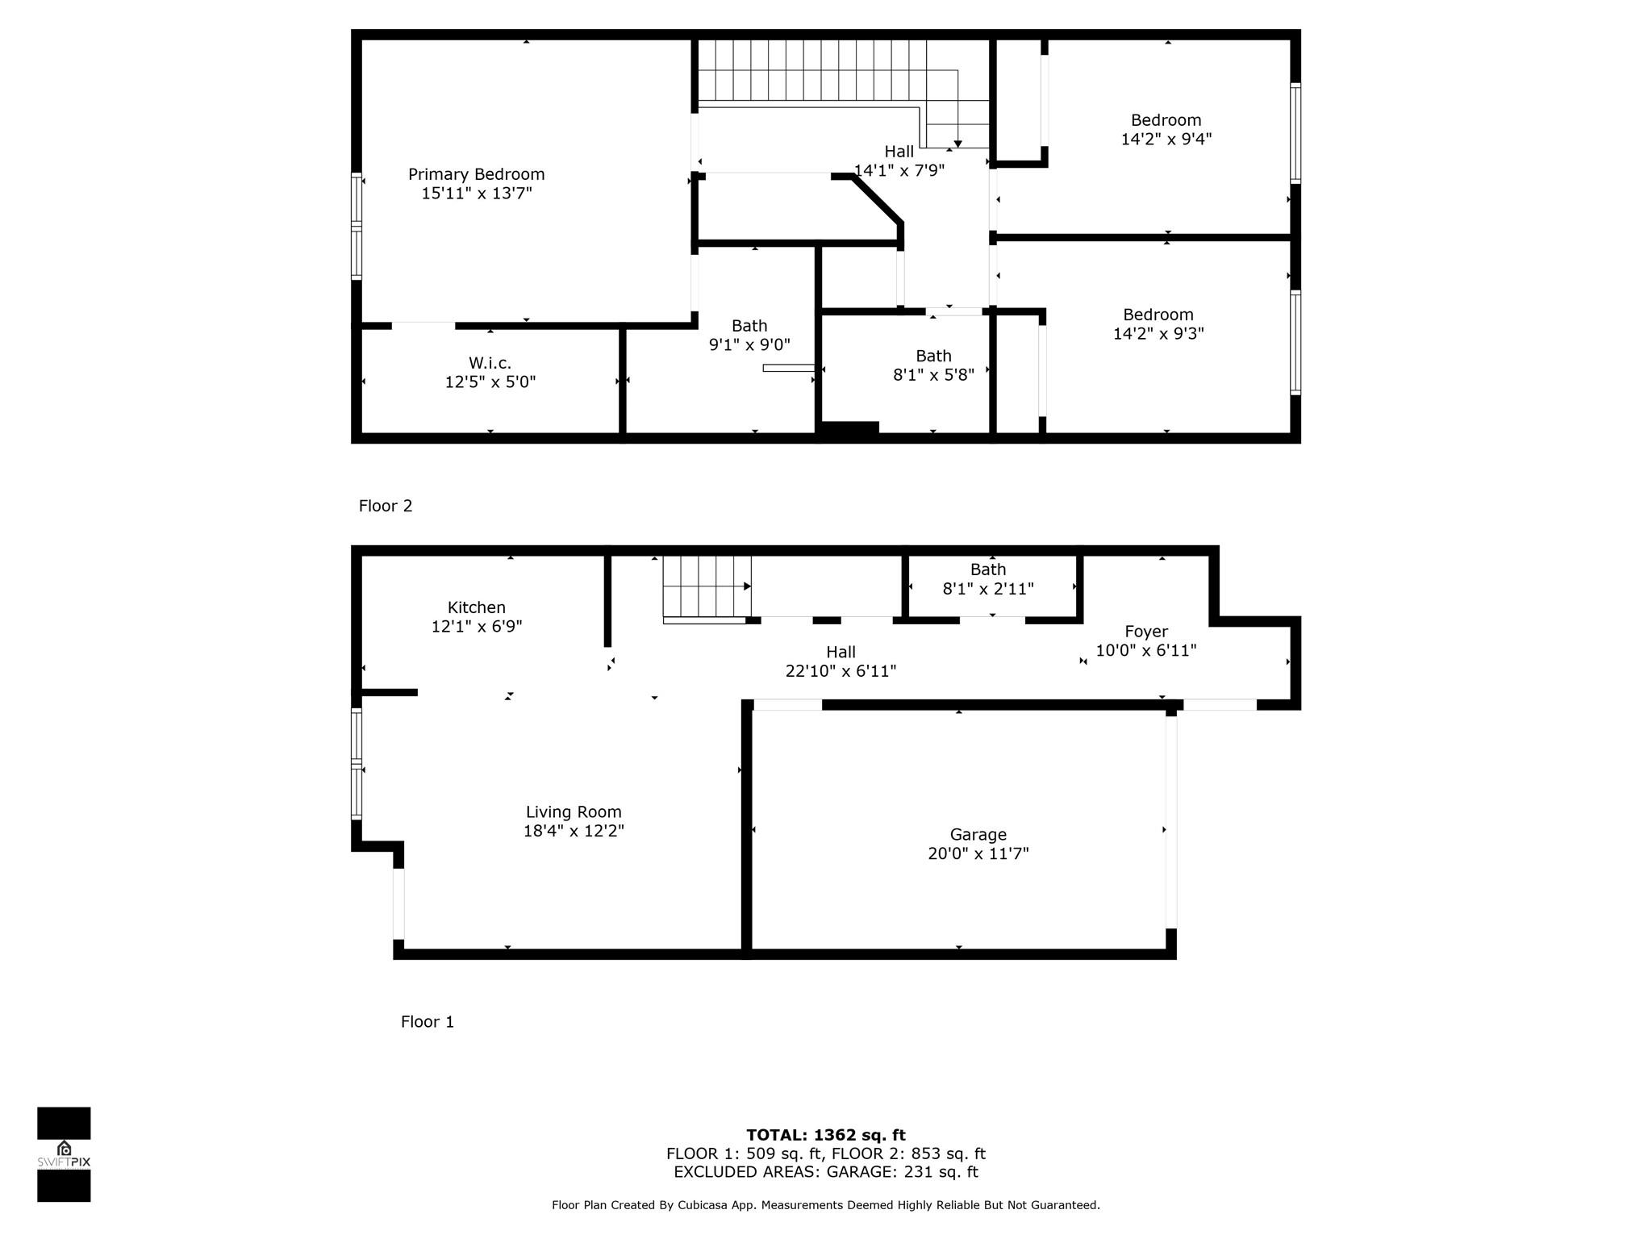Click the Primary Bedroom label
click(476, 174)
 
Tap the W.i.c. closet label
click(490, 363)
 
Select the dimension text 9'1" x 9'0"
click(749, 344)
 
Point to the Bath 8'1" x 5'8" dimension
click(933, 374)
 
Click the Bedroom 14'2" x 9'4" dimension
click(1166, 139)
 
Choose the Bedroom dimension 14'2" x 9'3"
click(1158, 333)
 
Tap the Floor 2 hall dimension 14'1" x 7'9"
click(899, 170)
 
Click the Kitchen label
click(477, 607)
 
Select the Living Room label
click(574, 812)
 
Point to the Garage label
click(978, 835)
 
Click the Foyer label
click(1146, 632)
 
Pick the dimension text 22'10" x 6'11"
click(841, 671)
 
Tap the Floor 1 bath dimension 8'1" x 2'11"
click(988, 589)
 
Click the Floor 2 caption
click(386, 506)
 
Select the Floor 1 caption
click(428, 1022)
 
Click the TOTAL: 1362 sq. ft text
click(826, 1135)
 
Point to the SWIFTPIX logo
click(64, 1154)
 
